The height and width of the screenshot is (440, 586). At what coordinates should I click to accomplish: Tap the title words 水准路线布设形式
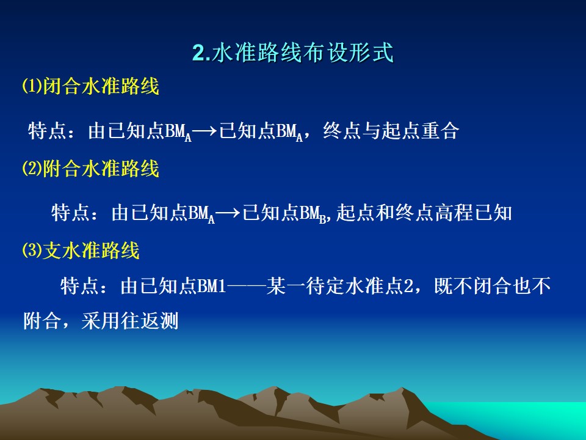(302, 53)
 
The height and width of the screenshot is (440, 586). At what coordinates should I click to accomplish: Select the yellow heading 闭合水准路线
(101, 86)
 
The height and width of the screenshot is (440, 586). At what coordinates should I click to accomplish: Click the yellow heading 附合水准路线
(101, 168)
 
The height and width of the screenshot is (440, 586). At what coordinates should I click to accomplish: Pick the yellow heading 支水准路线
(91, 251)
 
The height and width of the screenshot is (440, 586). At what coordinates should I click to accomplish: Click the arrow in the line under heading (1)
(205, 131)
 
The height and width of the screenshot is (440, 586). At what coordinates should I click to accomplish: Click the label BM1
(212, 286)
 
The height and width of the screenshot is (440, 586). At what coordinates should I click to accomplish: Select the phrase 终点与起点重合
(391, 131)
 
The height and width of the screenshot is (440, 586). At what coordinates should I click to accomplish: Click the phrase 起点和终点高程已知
(424, 213)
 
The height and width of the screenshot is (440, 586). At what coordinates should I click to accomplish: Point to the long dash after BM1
(246, 287)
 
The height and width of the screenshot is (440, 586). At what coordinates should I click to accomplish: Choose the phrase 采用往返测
(130, 321)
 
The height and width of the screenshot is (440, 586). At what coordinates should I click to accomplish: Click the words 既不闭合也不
(493, 286)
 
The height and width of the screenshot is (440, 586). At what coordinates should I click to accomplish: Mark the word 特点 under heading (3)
(80, 286)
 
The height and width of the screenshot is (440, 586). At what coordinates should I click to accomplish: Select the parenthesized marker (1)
(32, 86)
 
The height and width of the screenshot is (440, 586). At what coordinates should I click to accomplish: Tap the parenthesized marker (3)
(32, 251)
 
